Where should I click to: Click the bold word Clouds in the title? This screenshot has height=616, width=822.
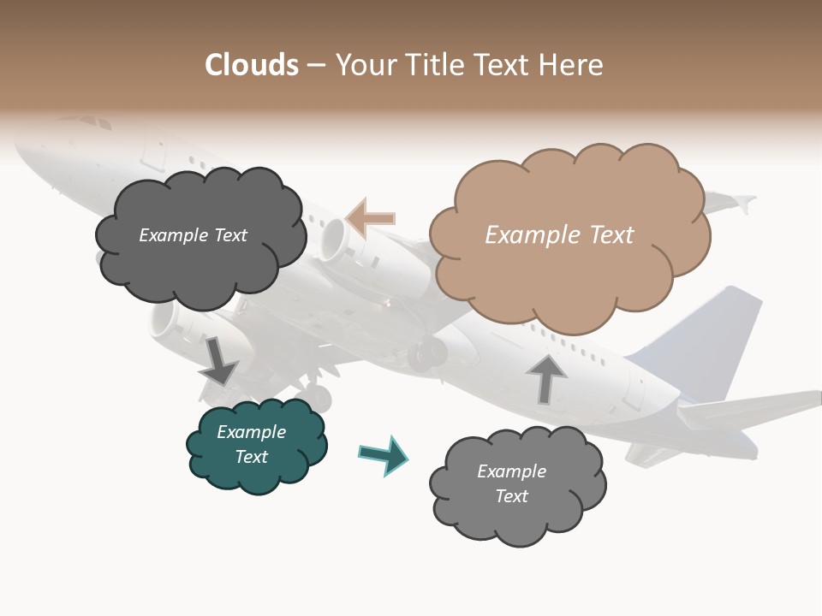[252, 65]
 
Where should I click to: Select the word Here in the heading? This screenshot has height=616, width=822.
[573, 65]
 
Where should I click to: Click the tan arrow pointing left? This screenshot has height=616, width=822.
[370, 218]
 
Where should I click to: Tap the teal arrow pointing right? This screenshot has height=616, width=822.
[384, 454]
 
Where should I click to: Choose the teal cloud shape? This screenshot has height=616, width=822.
[255, 445]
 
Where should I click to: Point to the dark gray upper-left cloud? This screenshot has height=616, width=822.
[199, 235]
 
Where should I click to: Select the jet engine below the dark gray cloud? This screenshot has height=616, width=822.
[171, 323]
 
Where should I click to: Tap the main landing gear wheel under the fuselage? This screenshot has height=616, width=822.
[426, 353]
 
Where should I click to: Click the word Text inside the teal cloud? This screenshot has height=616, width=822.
[252, 457]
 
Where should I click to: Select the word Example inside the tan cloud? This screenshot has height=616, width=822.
[522, 235]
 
